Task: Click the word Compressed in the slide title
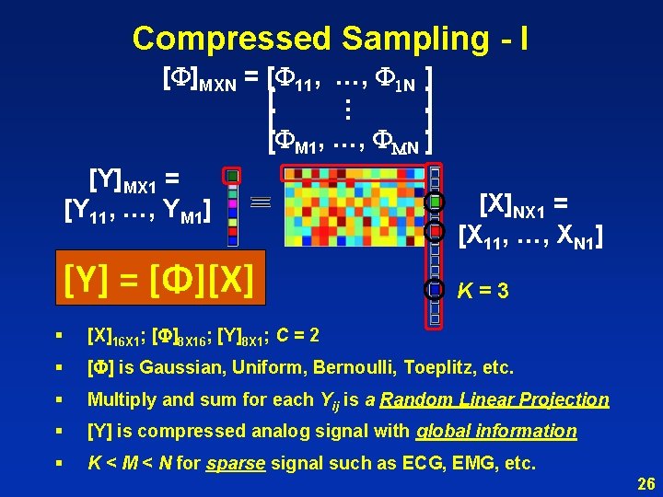click(x=231, y=39)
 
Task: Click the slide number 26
click(x=646, y=482)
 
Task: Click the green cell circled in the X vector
click(x=436, y=202)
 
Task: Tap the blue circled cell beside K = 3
click(x=436, y=289)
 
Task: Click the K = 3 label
click(x=483, y=291)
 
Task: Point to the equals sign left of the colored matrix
click(x=260, y=201)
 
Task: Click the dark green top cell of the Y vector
click(x=233, y=176)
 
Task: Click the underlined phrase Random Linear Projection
click(x=494, y=399)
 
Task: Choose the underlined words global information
click(x=496, y=431)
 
